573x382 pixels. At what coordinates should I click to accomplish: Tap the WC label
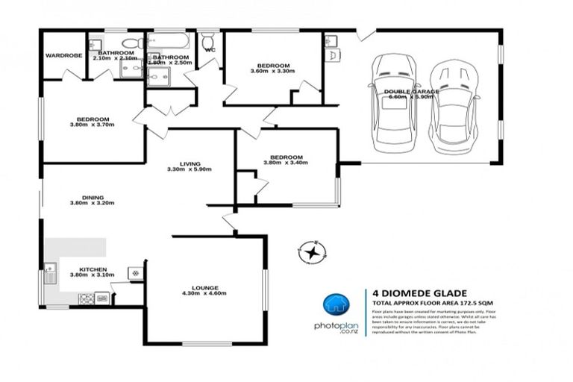(210, 51)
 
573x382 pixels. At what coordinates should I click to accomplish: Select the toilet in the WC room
(208, 39)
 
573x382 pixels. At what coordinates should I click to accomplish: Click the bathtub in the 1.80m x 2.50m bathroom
(171, 42)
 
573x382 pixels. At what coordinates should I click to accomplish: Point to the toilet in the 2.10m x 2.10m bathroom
(132, 43)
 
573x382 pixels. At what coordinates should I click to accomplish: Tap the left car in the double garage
(395, 98)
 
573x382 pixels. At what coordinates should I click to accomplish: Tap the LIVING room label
(190, 164)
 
